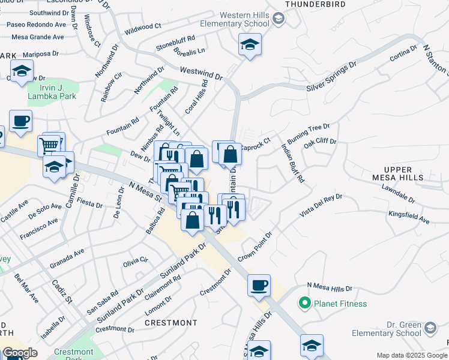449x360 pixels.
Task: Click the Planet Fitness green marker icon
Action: [305, 304]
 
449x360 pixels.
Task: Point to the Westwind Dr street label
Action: [201, 74]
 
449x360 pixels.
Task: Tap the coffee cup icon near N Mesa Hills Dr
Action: [259, 285]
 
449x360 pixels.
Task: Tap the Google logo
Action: [20, 353]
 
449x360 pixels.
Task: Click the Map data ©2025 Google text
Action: [411, 355]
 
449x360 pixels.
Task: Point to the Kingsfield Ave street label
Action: [408, 217]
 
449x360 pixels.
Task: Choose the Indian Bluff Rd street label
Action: [293, 161]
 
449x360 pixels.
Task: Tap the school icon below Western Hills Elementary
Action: [250, 44]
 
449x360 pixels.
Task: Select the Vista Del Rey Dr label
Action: [322, 205]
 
